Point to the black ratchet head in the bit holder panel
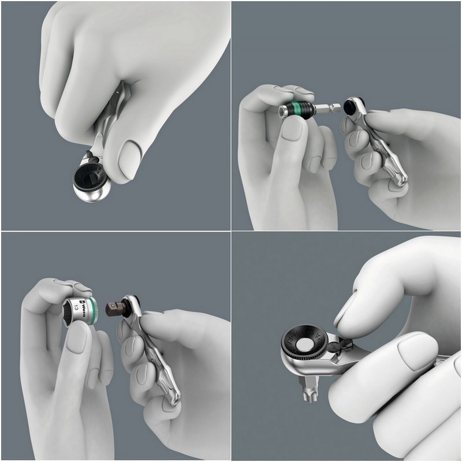pos(351,107)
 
